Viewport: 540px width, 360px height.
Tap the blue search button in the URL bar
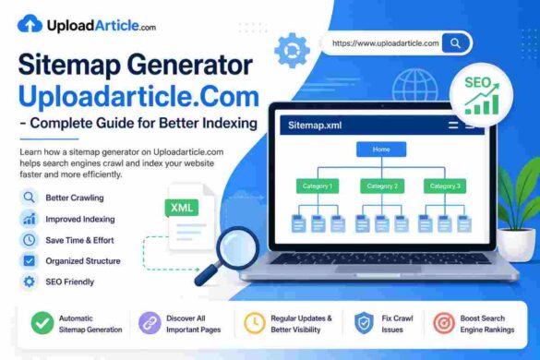pos(455,42)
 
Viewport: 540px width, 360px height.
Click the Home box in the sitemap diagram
pos(381,149)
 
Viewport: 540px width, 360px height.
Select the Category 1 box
pos(317,186)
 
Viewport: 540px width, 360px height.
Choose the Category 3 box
pos(444,186)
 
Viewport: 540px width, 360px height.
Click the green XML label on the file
pos(182,208)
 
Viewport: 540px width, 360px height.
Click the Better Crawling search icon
pos(29,197)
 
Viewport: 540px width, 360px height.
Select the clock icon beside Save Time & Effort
pos(29,240)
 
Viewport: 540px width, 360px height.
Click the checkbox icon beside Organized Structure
pos(29,261)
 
